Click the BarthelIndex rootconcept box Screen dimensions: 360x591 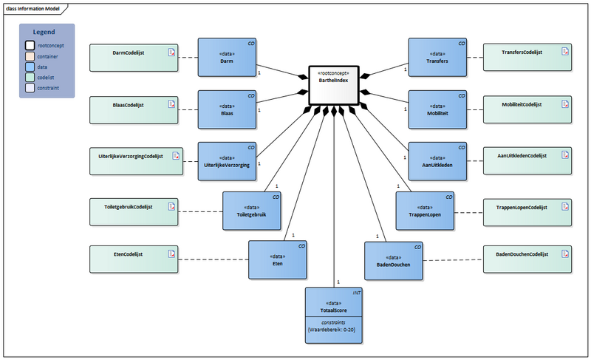(334, 86)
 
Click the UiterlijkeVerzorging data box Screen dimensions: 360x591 (227, 161)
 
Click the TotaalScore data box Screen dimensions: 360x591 (334, 310)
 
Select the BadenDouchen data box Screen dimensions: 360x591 (393, 260)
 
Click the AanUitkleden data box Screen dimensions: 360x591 (437, 161)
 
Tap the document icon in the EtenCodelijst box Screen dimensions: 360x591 (172, 254)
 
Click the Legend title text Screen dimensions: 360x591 (47, 32)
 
